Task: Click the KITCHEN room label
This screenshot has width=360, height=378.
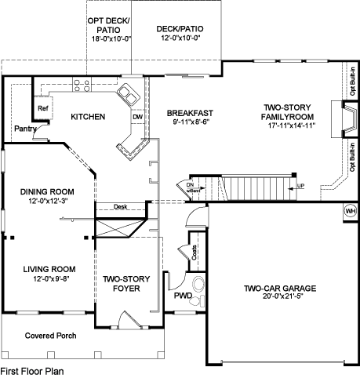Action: (88, 117)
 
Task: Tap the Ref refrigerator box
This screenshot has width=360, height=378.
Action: (43, 108)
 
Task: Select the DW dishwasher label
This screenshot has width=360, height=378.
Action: (137, 117)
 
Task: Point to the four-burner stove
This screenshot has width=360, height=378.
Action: (82, 85)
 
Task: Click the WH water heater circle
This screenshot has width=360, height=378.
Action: (350, 211)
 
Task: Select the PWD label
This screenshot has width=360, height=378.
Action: (183, 296)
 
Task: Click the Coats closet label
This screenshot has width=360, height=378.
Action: (195, 253)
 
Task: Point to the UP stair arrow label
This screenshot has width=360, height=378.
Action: (300, 186)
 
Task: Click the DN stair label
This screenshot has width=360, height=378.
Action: (190, 185)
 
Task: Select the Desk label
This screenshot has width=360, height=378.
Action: (120, 206)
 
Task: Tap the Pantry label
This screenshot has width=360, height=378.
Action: (25, 129)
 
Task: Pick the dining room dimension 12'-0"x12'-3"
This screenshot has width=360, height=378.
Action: (47, 201)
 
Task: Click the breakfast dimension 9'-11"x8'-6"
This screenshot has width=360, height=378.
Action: (190, 122)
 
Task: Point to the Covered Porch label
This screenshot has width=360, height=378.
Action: (50, 336)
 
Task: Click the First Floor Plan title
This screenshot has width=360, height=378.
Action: (32, 371)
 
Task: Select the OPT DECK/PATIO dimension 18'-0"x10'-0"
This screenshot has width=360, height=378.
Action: (111, 39)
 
